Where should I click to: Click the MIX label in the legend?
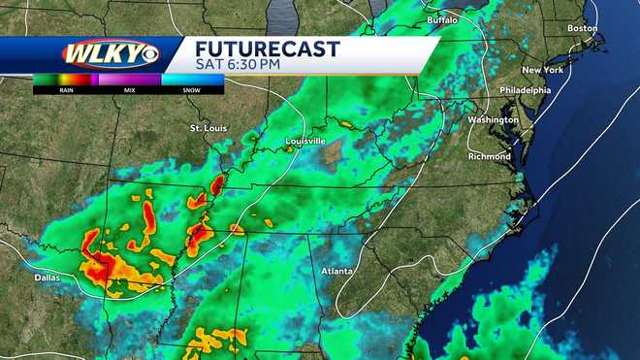coord(129,90)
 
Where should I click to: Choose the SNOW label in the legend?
coord(192,90)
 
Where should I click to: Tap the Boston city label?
coord(582,28)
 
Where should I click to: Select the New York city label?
coord(543,71)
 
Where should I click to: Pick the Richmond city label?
coord(488,155)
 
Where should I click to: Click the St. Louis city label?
coord(208,128)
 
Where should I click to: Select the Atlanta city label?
coord(338,271)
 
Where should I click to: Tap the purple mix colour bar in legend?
coord(129,80)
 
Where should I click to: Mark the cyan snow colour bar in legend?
coord(192,80)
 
